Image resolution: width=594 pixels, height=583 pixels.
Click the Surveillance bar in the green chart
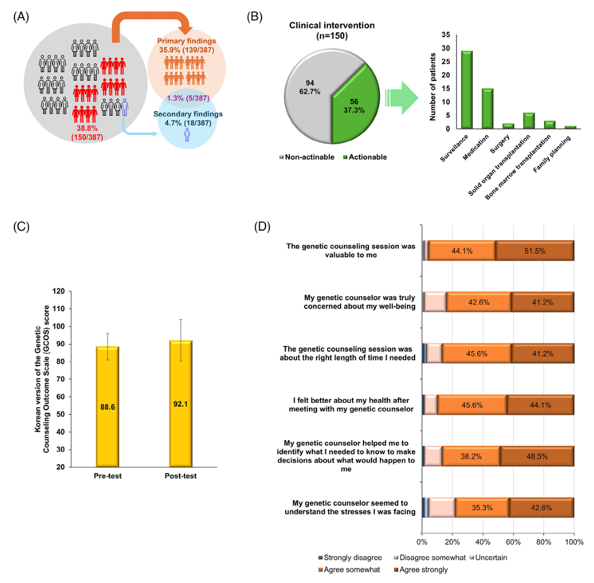467,89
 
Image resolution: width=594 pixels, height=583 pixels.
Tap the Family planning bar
570,127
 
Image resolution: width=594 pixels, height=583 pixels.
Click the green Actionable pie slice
355,104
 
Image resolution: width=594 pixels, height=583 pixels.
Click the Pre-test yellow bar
107,407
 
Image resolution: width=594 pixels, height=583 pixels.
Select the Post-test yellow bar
181,403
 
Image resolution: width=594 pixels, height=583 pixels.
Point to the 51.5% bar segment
535,250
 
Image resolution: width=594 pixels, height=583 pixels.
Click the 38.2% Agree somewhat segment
471,456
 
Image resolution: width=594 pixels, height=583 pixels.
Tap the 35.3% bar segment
482,508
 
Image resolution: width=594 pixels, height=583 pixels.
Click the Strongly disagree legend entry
350,558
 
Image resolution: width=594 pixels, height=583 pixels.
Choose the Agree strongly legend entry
421,570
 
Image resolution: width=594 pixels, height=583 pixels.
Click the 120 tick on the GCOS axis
59,291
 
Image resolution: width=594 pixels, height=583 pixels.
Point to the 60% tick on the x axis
513,542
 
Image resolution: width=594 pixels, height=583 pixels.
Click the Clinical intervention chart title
332,30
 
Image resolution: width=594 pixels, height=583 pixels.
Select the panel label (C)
21,226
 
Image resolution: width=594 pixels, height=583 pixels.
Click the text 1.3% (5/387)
188,98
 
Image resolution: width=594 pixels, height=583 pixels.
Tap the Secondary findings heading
188,114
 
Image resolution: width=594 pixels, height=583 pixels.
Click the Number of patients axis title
433,87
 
